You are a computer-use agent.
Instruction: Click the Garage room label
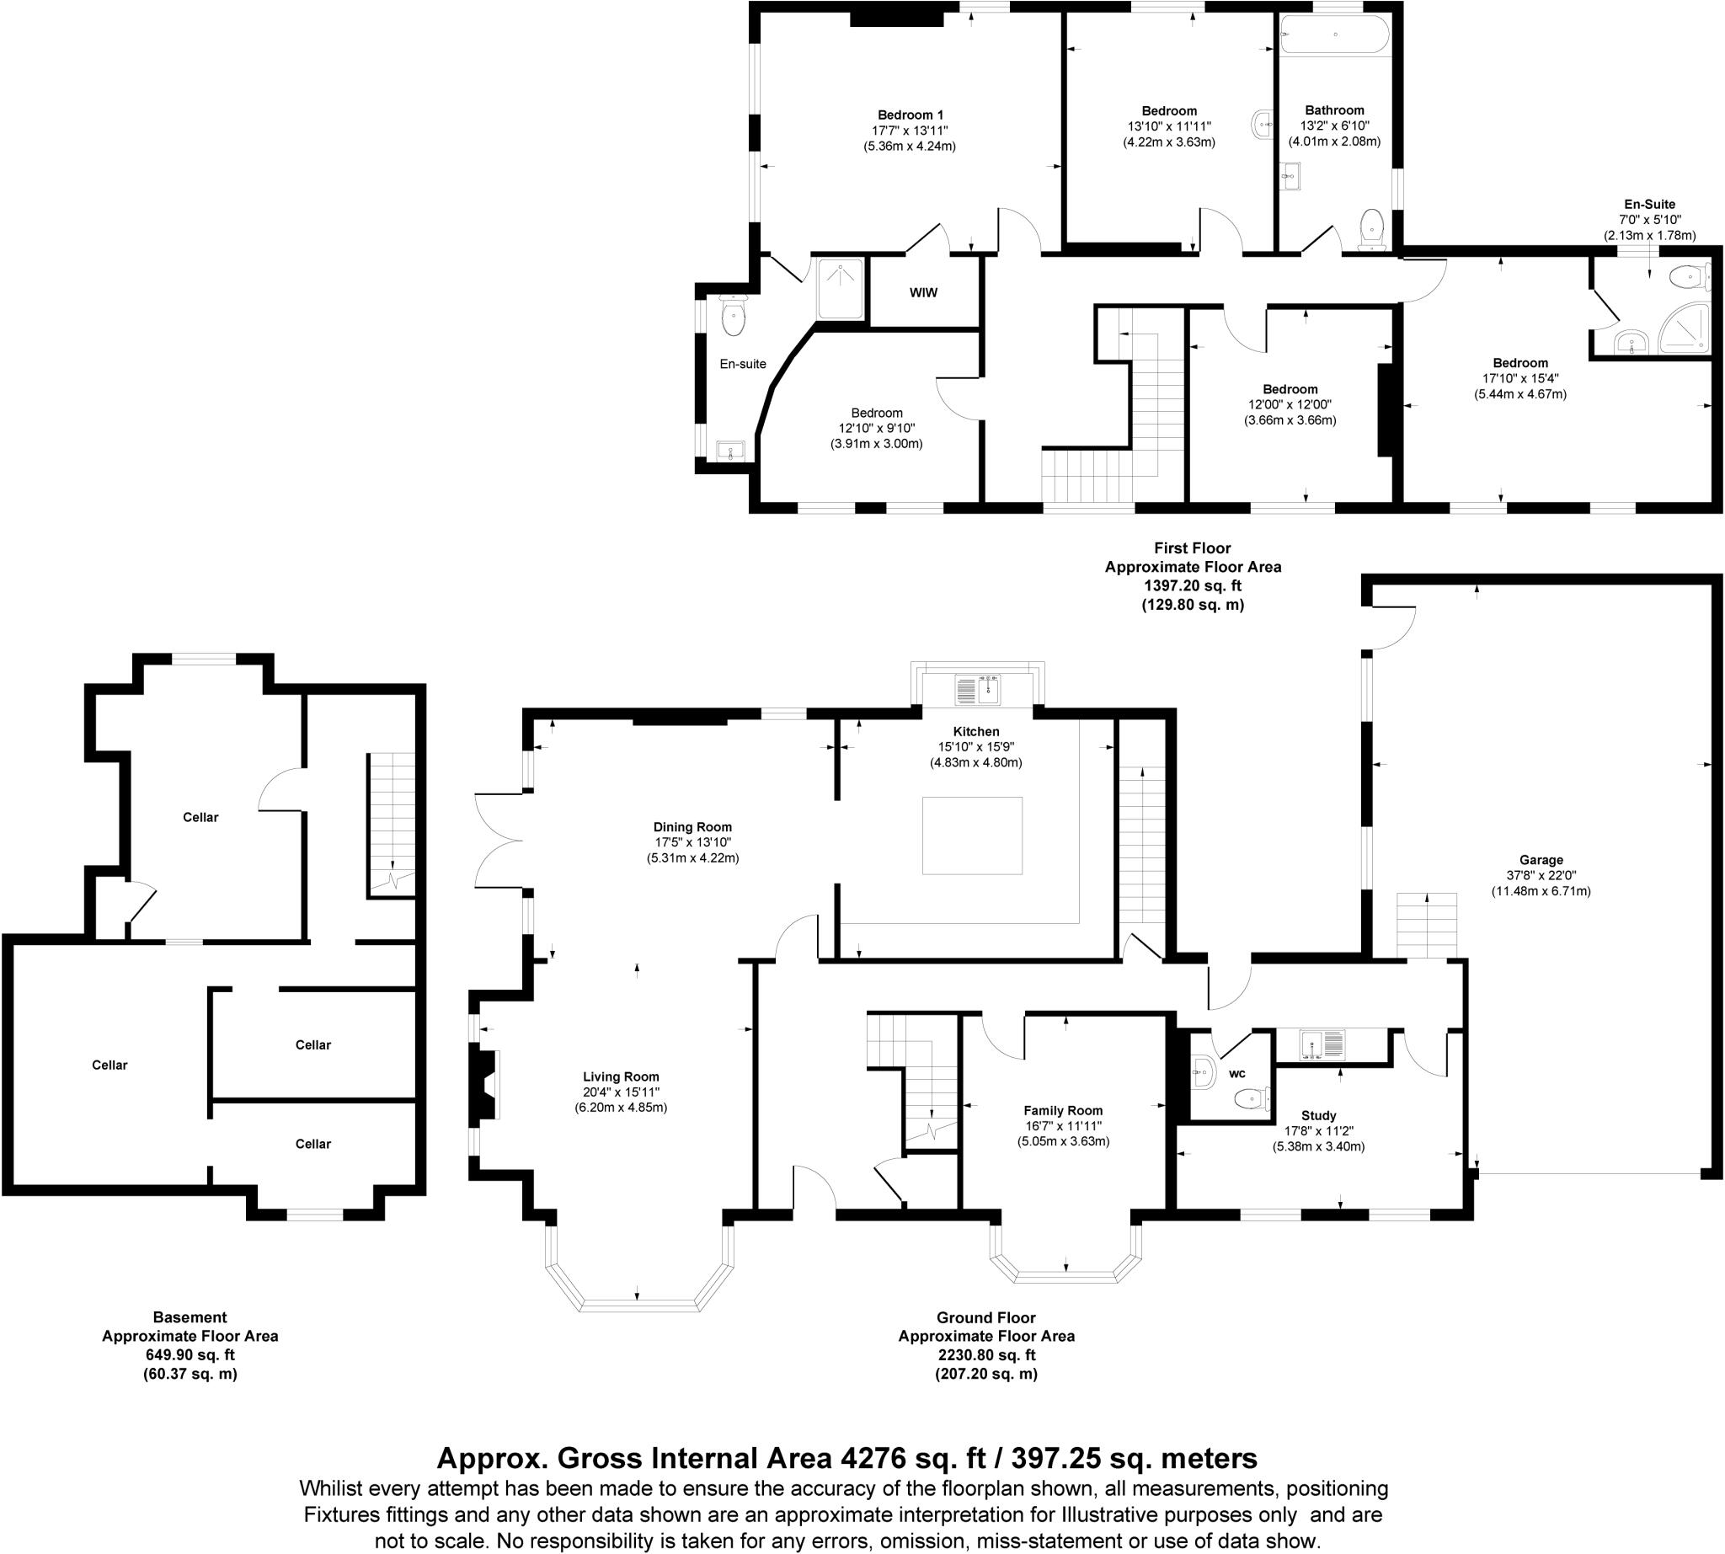click(1541, 860)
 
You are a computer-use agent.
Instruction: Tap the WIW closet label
click(923, 293)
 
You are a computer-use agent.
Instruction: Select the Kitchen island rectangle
click(972, 835)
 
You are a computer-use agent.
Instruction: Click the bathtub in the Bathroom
click(1334, 35)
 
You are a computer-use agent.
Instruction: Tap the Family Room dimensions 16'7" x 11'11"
click(1062, 1125)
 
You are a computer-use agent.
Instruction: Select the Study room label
click(1318, 1115)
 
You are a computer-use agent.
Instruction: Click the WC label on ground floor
click(1237, 1074)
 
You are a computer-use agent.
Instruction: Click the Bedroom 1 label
click(911, 115)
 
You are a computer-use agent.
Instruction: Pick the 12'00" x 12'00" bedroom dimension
click(1290, 405)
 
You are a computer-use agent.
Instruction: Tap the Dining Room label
click(692, 826)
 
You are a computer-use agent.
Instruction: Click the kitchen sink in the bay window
click(978, 689)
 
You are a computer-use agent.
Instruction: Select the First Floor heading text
click(1192, 548)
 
